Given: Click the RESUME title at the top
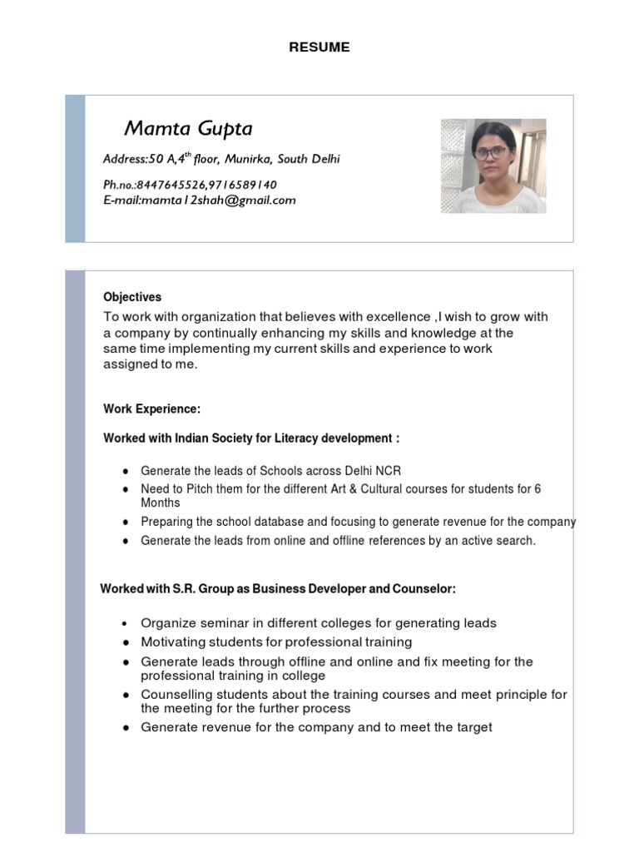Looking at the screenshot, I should pos(319,47).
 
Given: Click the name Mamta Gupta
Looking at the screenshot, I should pos(188,128).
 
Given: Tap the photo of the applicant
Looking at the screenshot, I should pos(493,166).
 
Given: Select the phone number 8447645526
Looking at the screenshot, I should pos(177,184).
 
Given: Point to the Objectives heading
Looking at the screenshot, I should pos(132,297).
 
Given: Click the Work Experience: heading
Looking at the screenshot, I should pos(152,409).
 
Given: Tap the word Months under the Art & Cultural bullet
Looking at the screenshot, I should pos(161,503).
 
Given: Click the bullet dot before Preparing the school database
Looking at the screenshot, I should pos(124,523).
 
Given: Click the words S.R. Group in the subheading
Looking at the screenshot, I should pos(199,589).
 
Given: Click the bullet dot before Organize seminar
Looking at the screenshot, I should pos(124,623).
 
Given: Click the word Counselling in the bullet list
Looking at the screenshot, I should pos(175,694).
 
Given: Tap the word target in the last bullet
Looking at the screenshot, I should pos(472,727).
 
